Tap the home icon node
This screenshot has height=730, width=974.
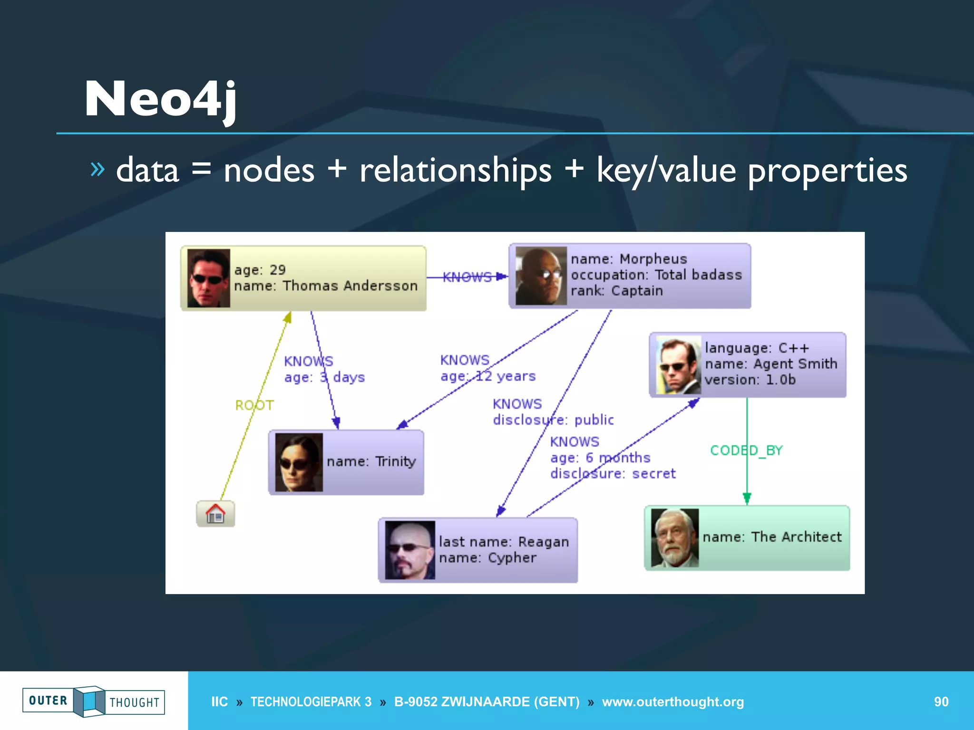pyautogui.click(x=215, y=514)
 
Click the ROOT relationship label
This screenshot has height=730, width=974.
pyautogui.click(x=254, y=405)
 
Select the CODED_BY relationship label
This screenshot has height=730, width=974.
pyautogui.click(x=746, y=450)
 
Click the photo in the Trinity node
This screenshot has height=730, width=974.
pyautogui.click(x=299, y=462)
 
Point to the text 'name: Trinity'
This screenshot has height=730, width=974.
pyautogui.click(x=371, y=461)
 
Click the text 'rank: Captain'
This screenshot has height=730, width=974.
pyautogui.click(x=616, y=290)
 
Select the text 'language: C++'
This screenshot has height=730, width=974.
pyautogui.click(x=757, y=348)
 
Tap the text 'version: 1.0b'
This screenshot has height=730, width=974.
pyautogui.click(x=750, y=380)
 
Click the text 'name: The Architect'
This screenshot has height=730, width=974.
pyautogui.click(x=772, y=537)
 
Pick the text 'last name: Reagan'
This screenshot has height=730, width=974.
pyautogui.click(x=504, y=542)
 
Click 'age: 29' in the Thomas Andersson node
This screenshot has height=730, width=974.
pyautogui.click(x=260, y=270)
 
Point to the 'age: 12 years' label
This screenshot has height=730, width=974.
pyautogui.click(x=488, y=376)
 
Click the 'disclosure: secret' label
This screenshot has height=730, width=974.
pyautogui.click(x=613, y=473)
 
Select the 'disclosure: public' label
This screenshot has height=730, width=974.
pyautogui.click(x=553, y=420)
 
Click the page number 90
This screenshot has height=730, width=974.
pyautogui.click(x=941, y=701)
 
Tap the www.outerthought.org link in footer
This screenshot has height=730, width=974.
pyautogui.click(x=672, y=701)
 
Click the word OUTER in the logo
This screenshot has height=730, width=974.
pyautogui.click(x=48, y=701)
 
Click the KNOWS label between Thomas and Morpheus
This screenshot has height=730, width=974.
pyautogui.click(x=467, y=277)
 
